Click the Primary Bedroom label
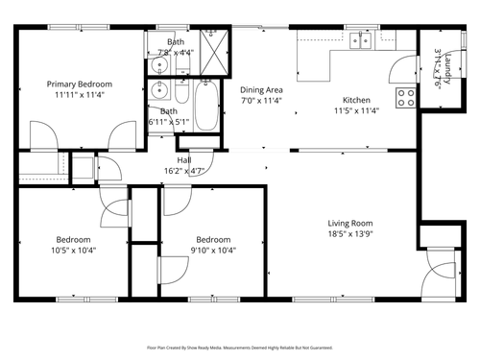[80, 84]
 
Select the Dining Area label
[260, 88]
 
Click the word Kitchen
[356, 100]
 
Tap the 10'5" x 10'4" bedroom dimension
[73, 250]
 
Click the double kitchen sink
[362, 41]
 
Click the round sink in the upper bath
[159, 66]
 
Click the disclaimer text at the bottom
[240, 349]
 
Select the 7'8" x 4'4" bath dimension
[177, 52]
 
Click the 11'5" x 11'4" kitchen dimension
[356, 110]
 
